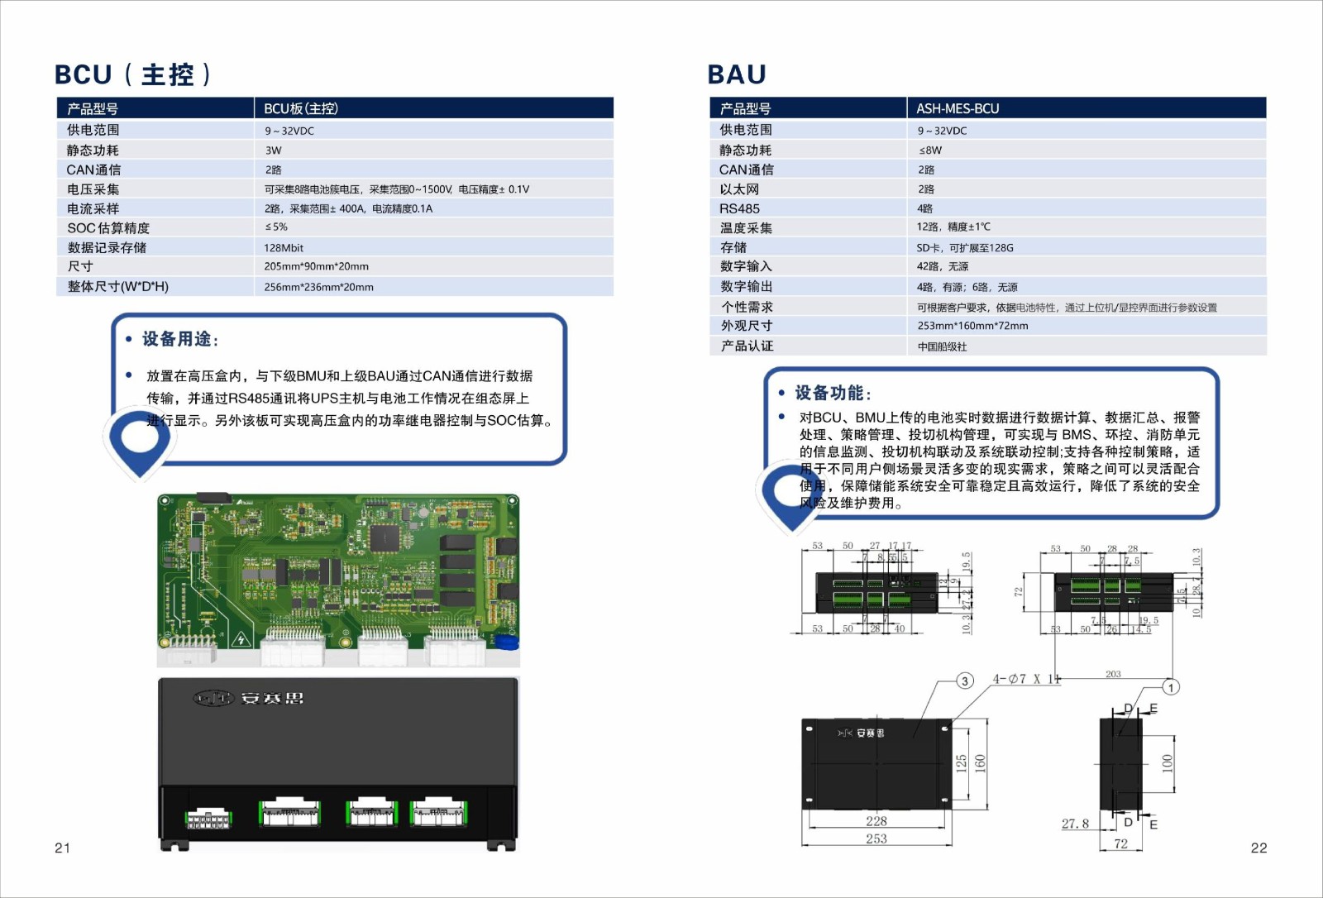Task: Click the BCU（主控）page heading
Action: point(132,74)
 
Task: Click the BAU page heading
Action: point(737,74)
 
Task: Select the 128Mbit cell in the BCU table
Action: point(284,247)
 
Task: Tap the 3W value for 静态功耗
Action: point(273,150)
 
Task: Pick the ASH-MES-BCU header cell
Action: point(958,108)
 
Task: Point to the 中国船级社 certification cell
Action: point(942,346)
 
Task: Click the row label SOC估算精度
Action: point(108,227)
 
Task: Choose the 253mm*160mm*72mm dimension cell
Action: point(972,326)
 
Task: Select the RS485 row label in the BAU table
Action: point(739,208)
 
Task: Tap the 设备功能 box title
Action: point(832,393)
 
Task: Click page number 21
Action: point(63,848)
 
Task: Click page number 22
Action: point(1259,848)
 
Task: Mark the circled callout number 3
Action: point(965,681)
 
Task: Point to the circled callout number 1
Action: point(1171,687)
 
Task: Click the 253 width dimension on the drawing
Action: point(876,838)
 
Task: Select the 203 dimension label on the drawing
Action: point(1113,674)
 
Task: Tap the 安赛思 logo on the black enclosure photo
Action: point(249,699)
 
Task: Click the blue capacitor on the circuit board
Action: point(512,641)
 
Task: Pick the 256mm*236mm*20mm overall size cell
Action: point(318,287)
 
